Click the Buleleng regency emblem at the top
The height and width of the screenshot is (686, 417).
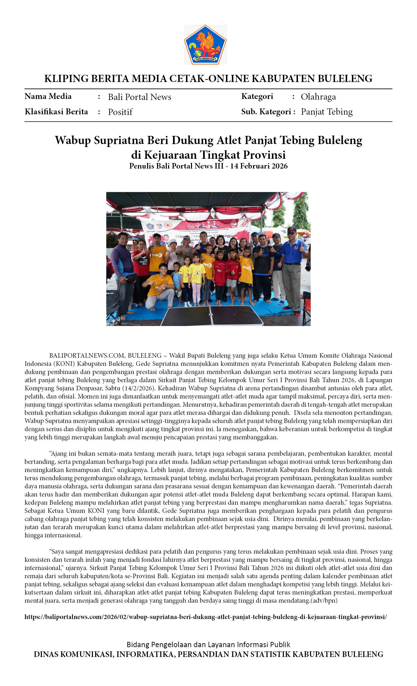click(x=205, y=45)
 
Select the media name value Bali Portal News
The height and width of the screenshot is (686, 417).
click(x=140, y=97)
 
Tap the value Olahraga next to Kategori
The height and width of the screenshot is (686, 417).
click(x=318, y=97)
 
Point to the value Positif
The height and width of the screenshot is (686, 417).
click(x=120, y=112)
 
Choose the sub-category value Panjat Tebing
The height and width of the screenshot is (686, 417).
click(x=326, y=112)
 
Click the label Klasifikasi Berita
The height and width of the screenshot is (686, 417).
click(x=56, y=112)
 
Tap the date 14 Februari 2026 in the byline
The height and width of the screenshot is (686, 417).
click(x=259, y=166)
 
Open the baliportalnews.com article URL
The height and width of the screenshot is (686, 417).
click(x=205, y=617)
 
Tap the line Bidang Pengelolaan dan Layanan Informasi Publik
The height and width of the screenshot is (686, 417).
click(x=208, y=645)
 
